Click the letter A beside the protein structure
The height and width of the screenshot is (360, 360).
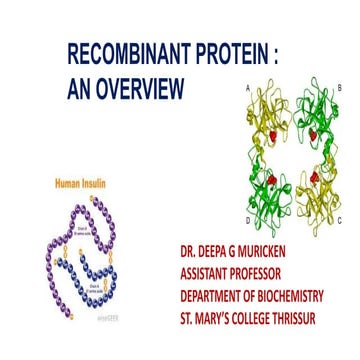247,88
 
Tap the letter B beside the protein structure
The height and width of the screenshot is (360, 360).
340,88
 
